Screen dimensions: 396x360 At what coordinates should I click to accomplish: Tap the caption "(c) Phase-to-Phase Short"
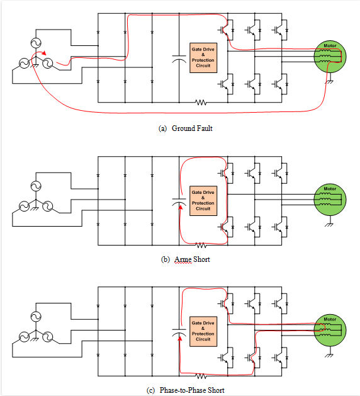click(x=185, y=390)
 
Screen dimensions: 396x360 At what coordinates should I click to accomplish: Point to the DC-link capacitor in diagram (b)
click(x=179, y=202)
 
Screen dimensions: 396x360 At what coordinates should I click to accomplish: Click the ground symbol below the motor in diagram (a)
click(x=329, y=81)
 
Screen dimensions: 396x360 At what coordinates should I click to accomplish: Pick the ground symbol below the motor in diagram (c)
click(x=329, y=354)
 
